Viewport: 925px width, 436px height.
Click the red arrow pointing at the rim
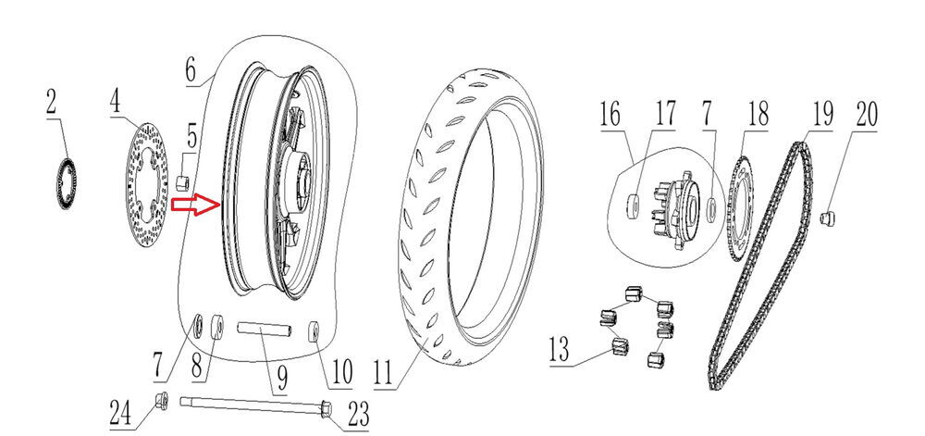pos(196,206)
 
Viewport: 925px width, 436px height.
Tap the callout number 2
pos(51,102)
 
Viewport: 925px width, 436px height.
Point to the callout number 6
pos(191,69)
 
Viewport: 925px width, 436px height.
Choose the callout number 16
pos(610,116)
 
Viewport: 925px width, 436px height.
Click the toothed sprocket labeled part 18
pos(740,208)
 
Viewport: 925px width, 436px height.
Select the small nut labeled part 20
pos(830,218)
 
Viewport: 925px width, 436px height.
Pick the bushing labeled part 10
pos(314,331)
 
